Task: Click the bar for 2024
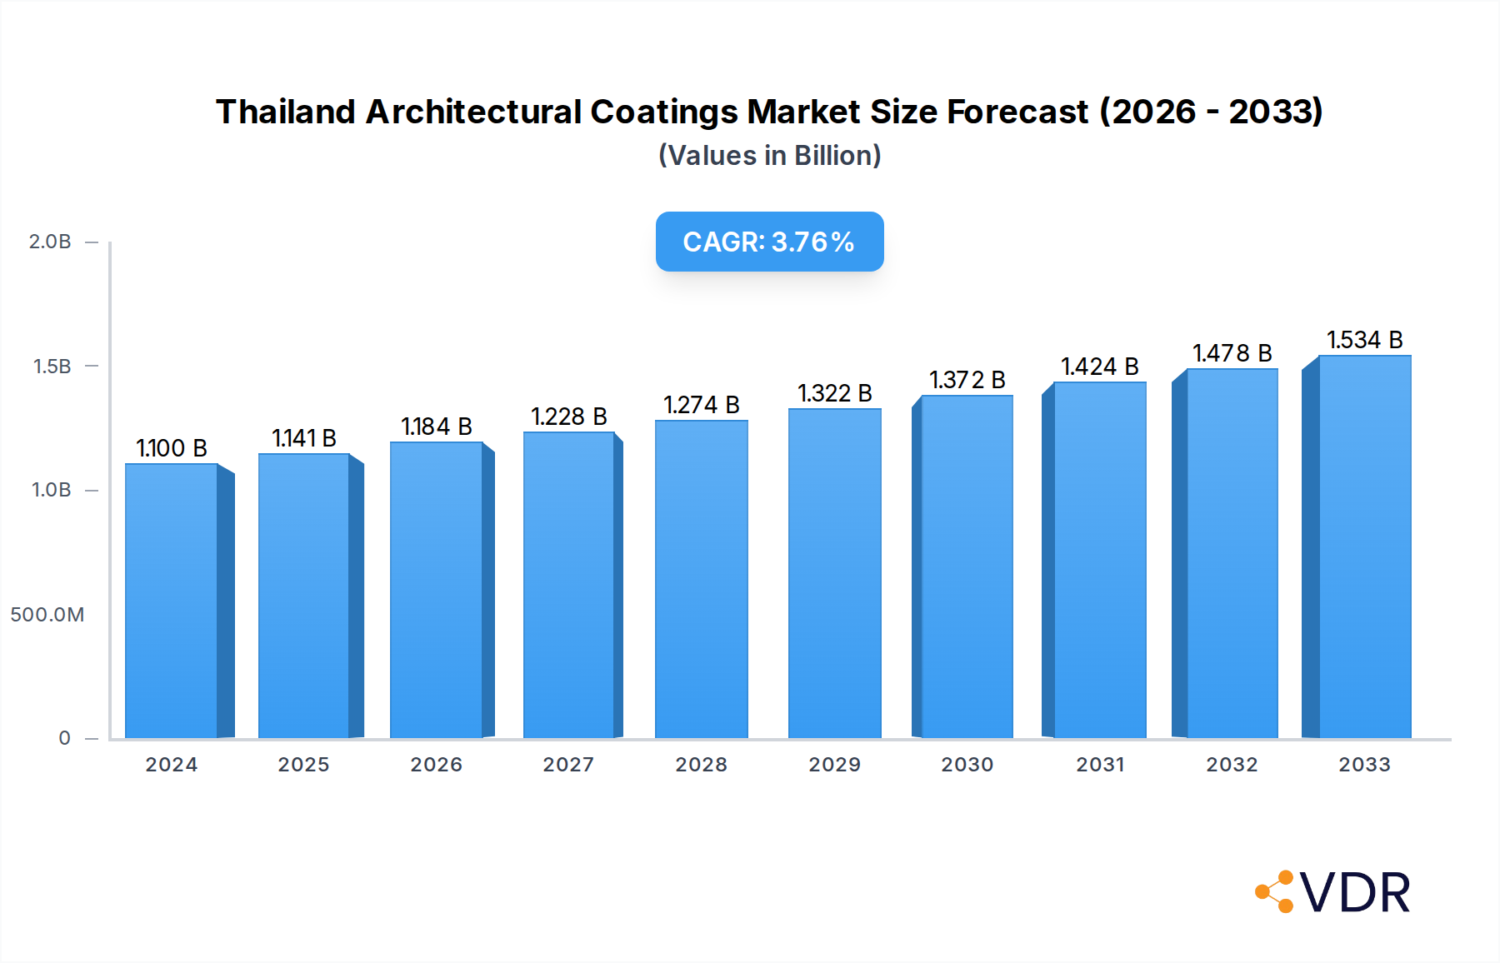click(172, 600)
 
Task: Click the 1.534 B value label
click(1365, 340)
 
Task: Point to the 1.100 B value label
click(172, 448)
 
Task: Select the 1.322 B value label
click(834, 393)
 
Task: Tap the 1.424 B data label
click(1099, 367)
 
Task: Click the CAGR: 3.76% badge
click(769, 242)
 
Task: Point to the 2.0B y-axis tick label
click(50, 242)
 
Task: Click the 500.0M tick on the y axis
click(47, 615)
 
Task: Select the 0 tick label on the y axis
click(64, 738)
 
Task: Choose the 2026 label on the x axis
click(436, 765)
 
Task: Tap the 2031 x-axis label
click(1100, 765)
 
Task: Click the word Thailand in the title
click(285, 112)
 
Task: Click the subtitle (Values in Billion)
click(769, 156)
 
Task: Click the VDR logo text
click(1355, 893)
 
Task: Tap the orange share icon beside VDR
click(1276, 892)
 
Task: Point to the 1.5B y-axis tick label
click(52, 367)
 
